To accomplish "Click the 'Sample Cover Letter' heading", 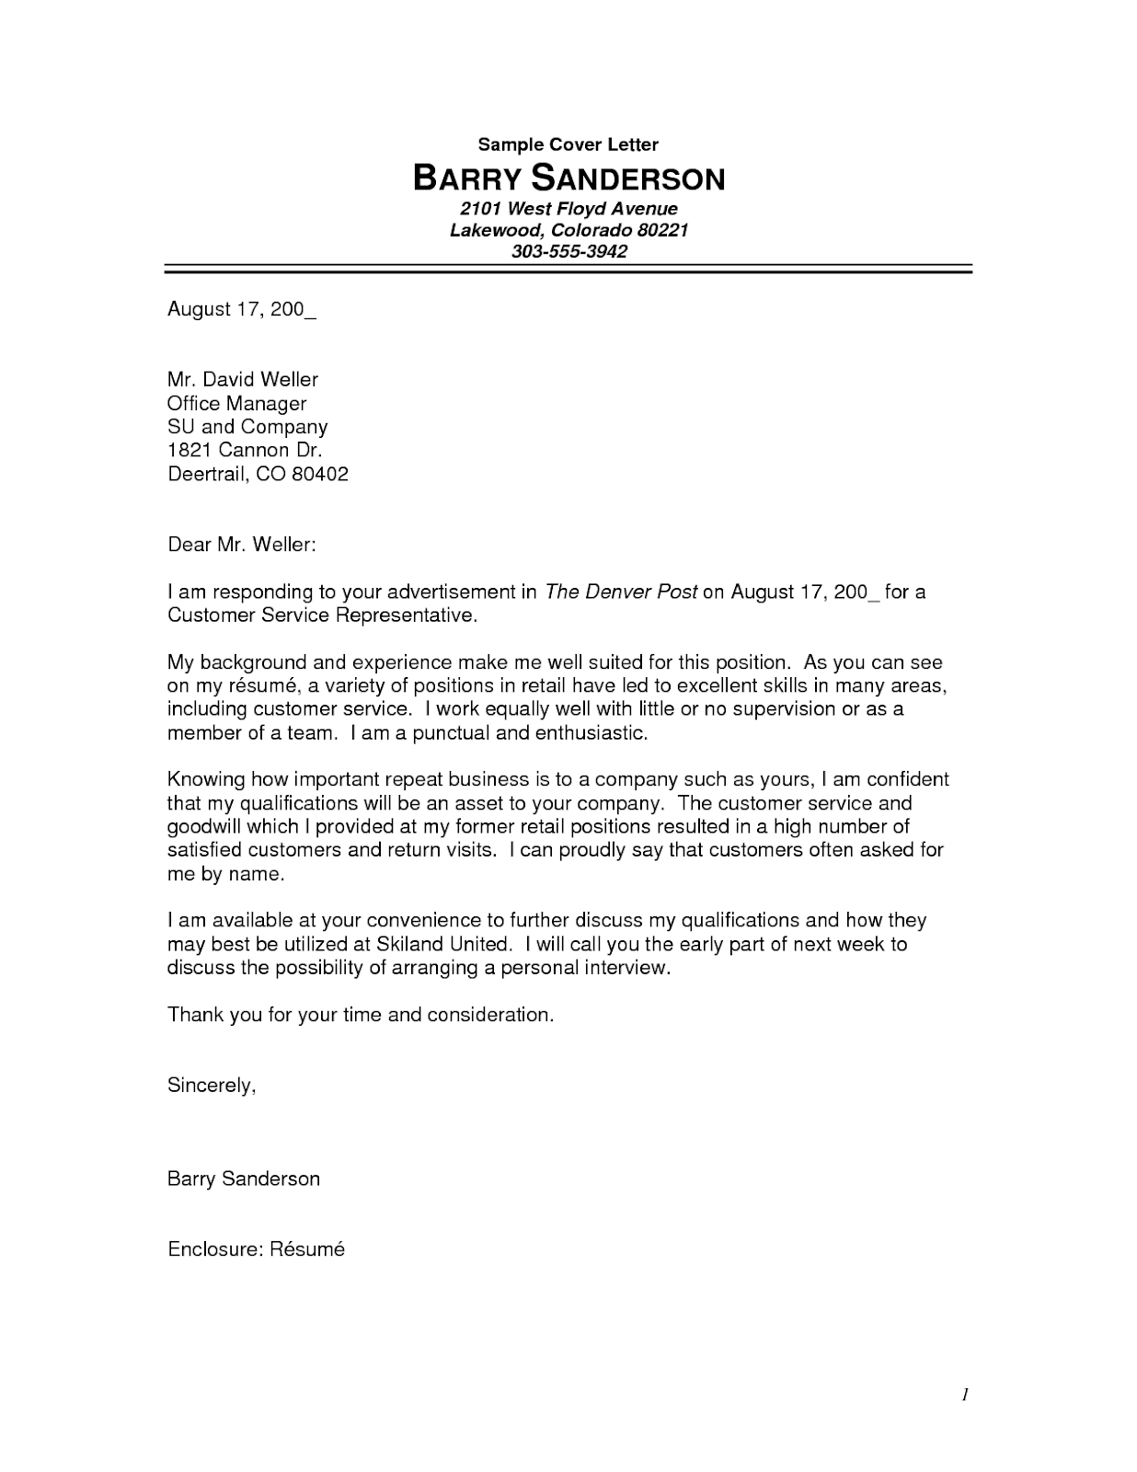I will pyautogui.click(x=568, y=144).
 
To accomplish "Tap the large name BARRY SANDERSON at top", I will pyautogui.click(x=568, y=178).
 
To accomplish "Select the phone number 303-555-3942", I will pyautogui.click(x=568, y=251).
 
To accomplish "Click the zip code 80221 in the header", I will pyautogui.click(x=656, y=230).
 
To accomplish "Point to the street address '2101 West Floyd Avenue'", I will pyautogui.click(x=568, y=209).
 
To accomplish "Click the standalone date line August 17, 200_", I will pyautogui.click(x=241, y=309).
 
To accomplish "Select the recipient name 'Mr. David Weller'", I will pyautogui.click(x=242, y=379).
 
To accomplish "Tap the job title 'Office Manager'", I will pyautogui.click(x=236, y=403).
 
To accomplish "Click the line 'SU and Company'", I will pyautogui.click(x=247, y=427).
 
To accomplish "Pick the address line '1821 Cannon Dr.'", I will pyautogui.click(x=244, y=451).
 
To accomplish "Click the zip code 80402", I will pyautogui.click(x=319, y=475).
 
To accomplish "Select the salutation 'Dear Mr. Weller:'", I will pyautogui.click(x=241, y=545).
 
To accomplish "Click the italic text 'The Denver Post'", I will pyautogui.click(x=621, y=592).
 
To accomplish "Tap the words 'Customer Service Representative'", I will pyautogui.click(x=321, y=615).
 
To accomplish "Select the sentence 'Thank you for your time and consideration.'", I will pyautogui.click(x=361, y=1015).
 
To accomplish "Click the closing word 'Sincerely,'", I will pyautogui.click(x=211, y=1086).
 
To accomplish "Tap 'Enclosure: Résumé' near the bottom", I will pyautogui.click(x=256, y=1249).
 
